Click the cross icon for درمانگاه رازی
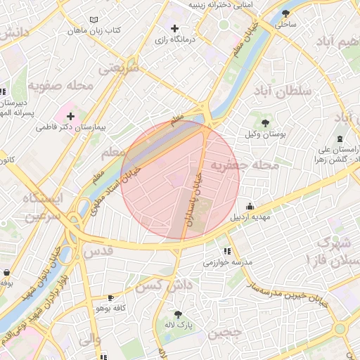pos(174,29)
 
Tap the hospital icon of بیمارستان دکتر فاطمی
pos(70,115)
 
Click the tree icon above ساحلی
pos(285,13)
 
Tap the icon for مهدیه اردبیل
pos(250,206)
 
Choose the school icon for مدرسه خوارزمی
pos(226,251)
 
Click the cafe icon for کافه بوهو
pos(110,297)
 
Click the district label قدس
pos(98,251)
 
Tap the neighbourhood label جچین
pos(225,332)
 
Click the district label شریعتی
pos(118,68)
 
